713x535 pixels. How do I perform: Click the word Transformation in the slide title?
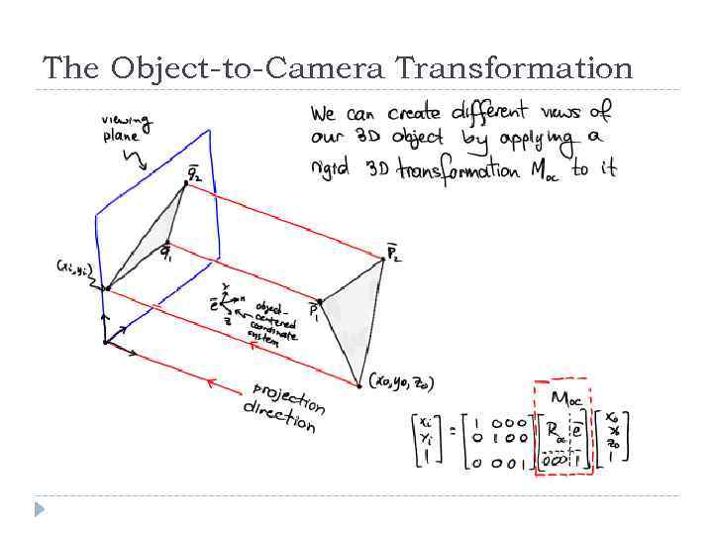513,68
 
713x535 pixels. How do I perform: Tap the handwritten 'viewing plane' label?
127,128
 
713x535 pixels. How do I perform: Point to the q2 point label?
194,174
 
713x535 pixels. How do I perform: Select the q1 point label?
169,253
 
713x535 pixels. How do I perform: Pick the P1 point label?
314,310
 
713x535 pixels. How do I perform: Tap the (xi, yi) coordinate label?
75,267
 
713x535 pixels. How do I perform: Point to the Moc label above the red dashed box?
564,398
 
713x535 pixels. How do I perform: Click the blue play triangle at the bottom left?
39,509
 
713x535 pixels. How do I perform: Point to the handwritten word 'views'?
567,111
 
